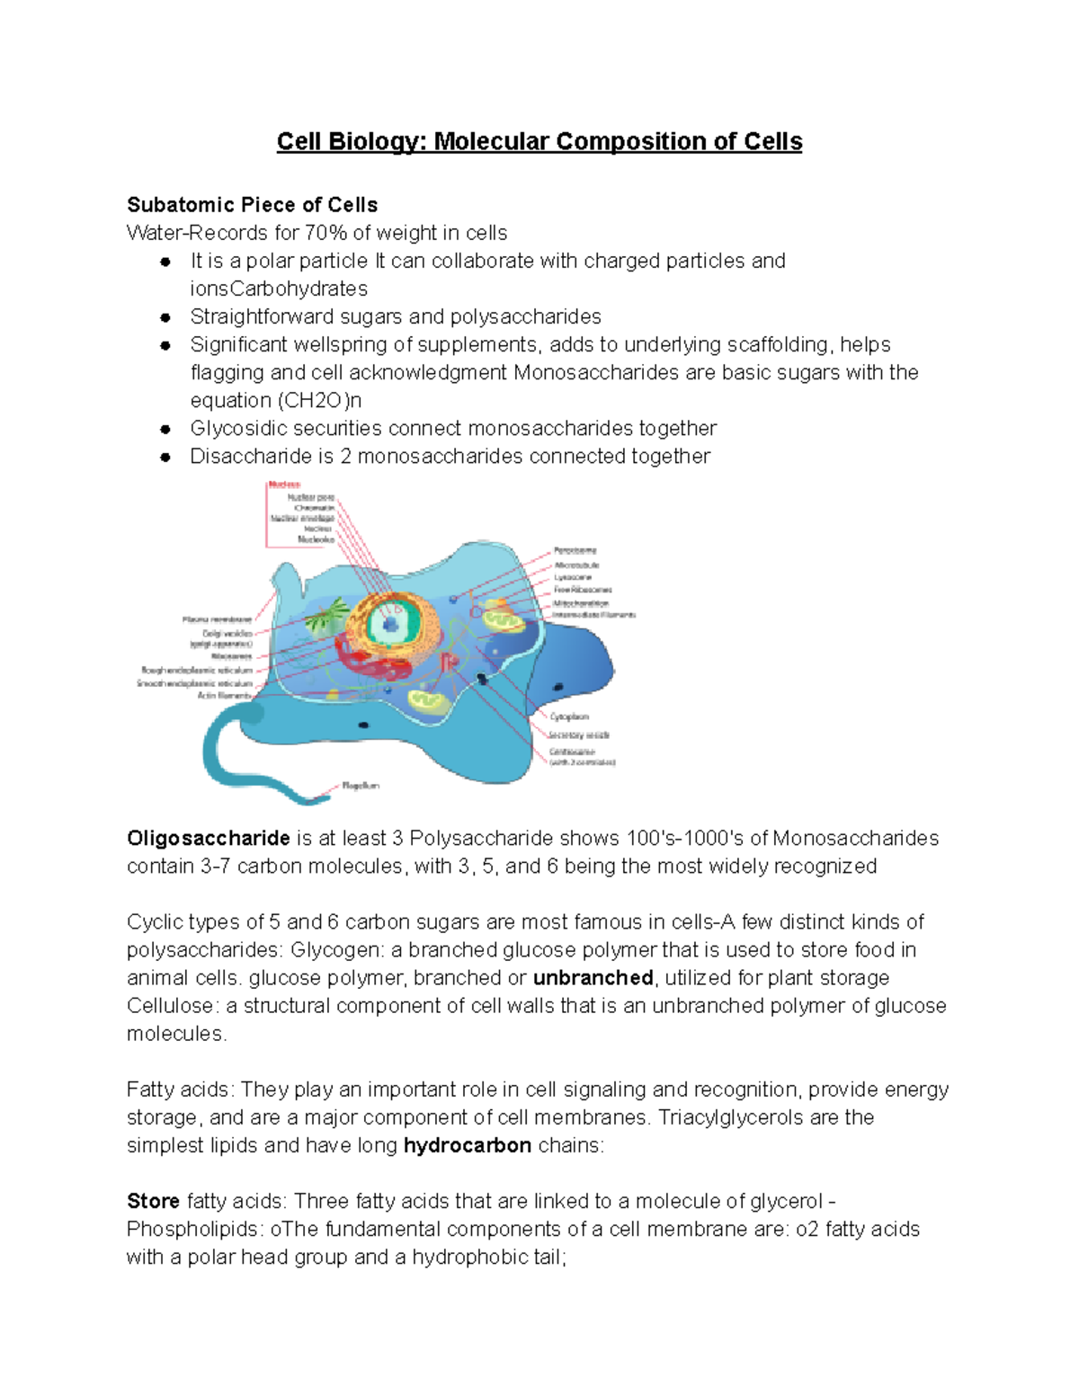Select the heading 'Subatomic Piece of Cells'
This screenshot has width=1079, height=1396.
tap(252, 205)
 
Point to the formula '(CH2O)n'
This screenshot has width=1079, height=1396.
tap(320, 401)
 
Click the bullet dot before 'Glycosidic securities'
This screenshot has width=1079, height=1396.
tap(165, 429)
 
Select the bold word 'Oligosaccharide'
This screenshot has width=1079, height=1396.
tap(208, 839)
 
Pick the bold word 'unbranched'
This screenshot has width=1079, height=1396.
tap(593, 978)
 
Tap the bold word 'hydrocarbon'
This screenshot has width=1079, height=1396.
tap(467, 1146)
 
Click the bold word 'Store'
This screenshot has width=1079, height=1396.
tap(153, 1202)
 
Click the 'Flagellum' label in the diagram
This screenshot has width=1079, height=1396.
tap(361, 786)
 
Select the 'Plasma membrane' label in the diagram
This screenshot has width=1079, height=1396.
tap(217, 619)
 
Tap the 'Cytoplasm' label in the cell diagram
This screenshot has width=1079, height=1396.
tap(569, 717)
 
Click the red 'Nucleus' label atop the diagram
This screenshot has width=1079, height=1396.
tap(284, 485)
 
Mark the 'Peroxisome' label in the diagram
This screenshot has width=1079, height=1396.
tap(575, 550)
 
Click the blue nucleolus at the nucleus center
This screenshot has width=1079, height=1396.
tap(391, 625)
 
